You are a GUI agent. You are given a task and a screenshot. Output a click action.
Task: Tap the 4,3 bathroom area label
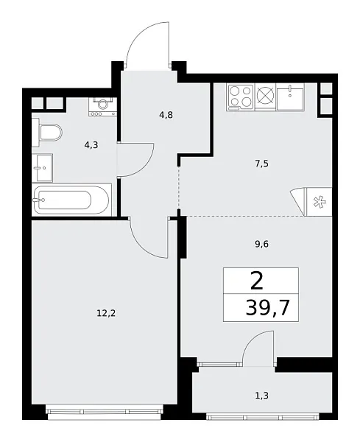91,145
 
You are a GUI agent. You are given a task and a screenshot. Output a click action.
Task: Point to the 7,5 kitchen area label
261,164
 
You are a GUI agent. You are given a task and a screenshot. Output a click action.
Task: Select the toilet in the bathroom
48,134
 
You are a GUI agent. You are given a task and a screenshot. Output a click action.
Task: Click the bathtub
72,199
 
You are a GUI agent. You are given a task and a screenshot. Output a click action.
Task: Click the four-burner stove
240,96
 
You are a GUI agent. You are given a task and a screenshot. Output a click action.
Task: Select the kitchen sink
295,96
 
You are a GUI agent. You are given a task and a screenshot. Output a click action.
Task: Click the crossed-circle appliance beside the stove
265,96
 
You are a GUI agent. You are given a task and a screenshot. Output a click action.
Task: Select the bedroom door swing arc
151,239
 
